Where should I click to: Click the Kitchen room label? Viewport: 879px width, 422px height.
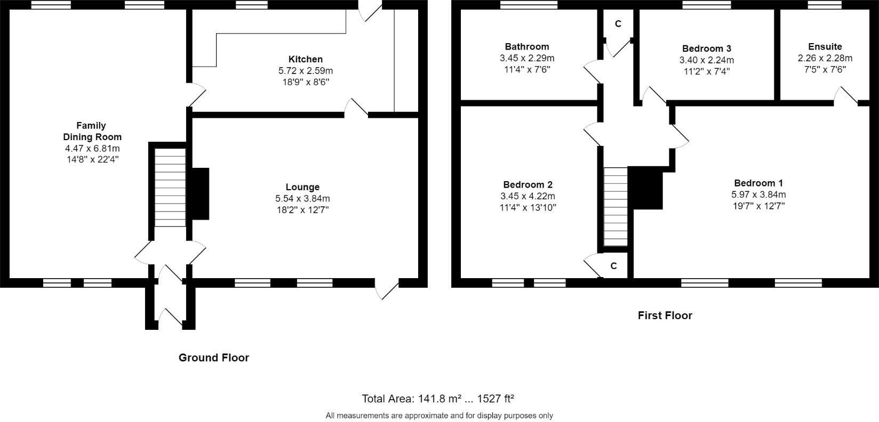[305, 59]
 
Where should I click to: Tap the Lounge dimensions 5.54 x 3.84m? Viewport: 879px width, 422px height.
[302, 198]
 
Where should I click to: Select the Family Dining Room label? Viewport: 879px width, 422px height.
[91, 131]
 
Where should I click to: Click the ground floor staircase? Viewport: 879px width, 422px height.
[170, 187]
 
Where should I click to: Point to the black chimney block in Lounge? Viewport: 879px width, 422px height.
[200, 194]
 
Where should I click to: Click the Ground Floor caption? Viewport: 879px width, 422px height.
[213, 358]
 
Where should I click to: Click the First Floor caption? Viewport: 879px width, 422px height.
[665, 315]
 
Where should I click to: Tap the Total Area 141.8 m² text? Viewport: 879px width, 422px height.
[437, 399]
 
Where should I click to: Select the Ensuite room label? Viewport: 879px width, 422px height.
[825, 47]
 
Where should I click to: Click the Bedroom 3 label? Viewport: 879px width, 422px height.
[706, 48]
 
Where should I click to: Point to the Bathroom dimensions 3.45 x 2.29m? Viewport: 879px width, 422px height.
[526, 58]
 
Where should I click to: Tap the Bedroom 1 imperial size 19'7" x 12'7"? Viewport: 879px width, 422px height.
[758, 206]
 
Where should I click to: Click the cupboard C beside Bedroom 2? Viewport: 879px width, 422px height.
[613, 265]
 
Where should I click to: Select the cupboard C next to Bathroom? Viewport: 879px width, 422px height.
[618, 24]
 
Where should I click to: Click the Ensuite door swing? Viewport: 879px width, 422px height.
[846, 94]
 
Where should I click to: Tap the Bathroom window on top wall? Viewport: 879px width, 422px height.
[529, 5]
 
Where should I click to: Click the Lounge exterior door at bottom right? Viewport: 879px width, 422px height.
[387, 288]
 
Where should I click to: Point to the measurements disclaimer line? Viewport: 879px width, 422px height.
[439, 416]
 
